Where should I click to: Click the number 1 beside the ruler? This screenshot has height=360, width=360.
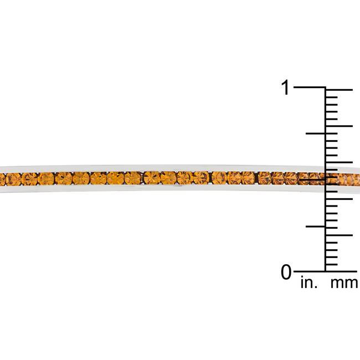(x=285, y=88)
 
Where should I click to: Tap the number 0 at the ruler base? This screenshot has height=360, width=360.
(x=286, y=272)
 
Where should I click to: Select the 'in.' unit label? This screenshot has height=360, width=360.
(x=309, y=282)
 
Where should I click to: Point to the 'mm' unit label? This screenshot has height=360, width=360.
(x=344, y=283)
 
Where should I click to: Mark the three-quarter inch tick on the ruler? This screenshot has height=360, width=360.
(x=316, y=133)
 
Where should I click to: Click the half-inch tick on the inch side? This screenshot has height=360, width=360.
(x=312, y=179)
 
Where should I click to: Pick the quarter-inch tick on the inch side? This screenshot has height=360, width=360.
(x=316, y=227)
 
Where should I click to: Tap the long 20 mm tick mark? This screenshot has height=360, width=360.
(x=339, y=126)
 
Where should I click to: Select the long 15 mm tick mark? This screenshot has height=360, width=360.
(x=339, y=162)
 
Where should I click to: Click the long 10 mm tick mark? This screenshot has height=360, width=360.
(x=339, y=199)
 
